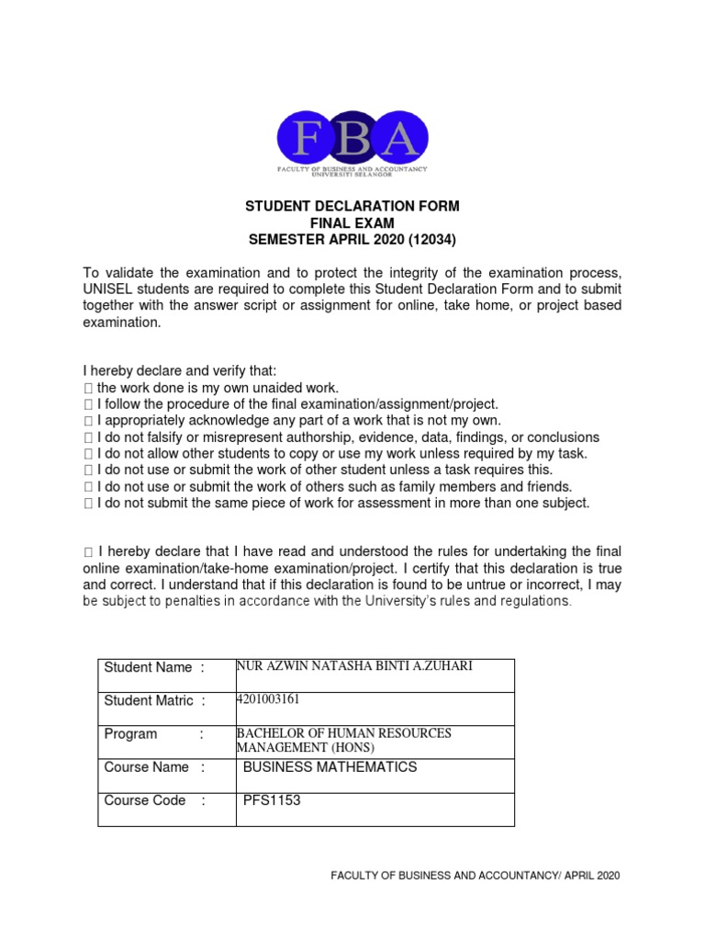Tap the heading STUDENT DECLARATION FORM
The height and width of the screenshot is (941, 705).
coord(352,207)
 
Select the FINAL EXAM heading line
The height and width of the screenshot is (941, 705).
coord(352,223)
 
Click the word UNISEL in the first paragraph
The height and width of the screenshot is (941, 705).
coord(106,289)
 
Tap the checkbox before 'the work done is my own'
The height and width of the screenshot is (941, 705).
coord(88,389)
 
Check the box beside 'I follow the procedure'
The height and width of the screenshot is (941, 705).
coord(88,405)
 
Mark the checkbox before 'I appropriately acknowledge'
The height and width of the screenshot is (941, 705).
coord(88,422)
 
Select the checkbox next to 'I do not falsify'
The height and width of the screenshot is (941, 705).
coord(88,438)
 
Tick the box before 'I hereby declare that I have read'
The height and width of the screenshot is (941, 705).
coord(88,552)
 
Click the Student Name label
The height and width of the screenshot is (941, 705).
coord(148,667)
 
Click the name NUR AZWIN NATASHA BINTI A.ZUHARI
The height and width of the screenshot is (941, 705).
coord(354,665)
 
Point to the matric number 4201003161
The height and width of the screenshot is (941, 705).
coord(268,699)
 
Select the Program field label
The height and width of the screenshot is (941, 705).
coord(130,734)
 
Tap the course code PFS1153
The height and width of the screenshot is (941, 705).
coord(272,800)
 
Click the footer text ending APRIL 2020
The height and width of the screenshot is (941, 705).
coord(476,876)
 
